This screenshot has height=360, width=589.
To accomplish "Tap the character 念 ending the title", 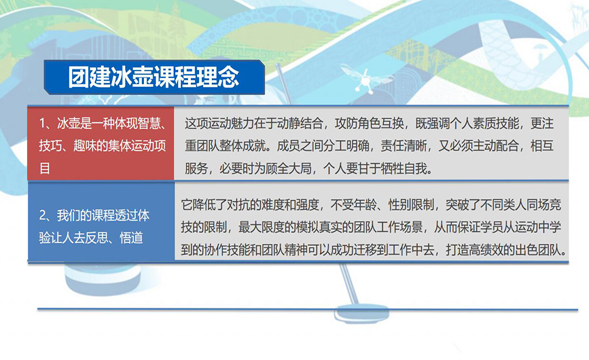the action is (228, 77).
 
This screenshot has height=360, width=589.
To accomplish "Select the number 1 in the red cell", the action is (42, 123).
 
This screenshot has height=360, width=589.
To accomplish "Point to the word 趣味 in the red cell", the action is (85, 145).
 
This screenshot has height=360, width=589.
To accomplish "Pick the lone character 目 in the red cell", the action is (45, 168).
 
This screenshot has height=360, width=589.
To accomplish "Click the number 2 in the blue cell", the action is (43, 215).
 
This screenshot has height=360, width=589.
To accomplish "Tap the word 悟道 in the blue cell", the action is (131, 238).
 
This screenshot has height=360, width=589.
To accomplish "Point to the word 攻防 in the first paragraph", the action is (346, 124).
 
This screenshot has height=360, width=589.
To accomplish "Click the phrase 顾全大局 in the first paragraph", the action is (289, 168).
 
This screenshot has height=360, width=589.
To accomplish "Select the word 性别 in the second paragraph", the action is (399, 204).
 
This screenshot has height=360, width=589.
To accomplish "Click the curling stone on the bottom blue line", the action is (361, 313).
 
